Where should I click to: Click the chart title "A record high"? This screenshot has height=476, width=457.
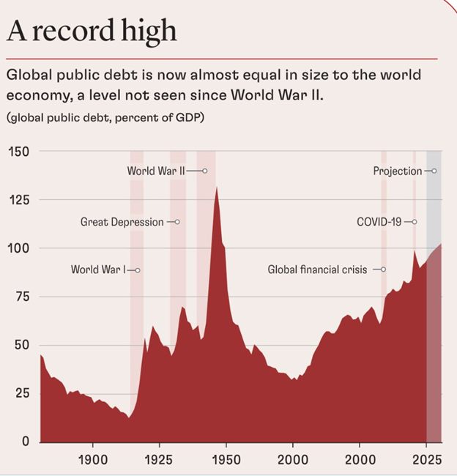(91, 31)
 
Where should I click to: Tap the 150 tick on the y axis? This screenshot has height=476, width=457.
(20, 152)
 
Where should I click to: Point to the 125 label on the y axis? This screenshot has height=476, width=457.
(20, 200)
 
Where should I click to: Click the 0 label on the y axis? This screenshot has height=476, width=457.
(26, 442)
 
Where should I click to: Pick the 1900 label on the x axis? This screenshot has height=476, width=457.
(92, 461)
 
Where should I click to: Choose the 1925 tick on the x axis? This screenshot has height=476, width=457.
(159, 461)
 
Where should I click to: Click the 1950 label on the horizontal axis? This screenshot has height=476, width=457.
(226, 461)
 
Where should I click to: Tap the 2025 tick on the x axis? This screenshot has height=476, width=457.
(426, 461)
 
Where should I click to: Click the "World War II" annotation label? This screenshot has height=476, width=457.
(156, 171)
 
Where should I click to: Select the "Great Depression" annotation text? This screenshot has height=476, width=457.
(122, 221)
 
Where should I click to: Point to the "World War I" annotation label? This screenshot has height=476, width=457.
(98, 269)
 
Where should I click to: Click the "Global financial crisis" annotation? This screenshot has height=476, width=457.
(317, 269)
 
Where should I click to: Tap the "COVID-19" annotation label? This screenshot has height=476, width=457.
(379, 221)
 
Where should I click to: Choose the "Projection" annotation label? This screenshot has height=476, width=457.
(397, 171)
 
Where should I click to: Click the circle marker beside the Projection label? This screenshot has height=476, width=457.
(434, 171)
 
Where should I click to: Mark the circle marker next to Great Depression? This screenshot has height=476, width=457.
(177, 221)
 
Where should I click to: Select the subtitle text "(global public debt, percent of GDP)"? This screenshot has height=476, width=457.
(105, 118)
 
